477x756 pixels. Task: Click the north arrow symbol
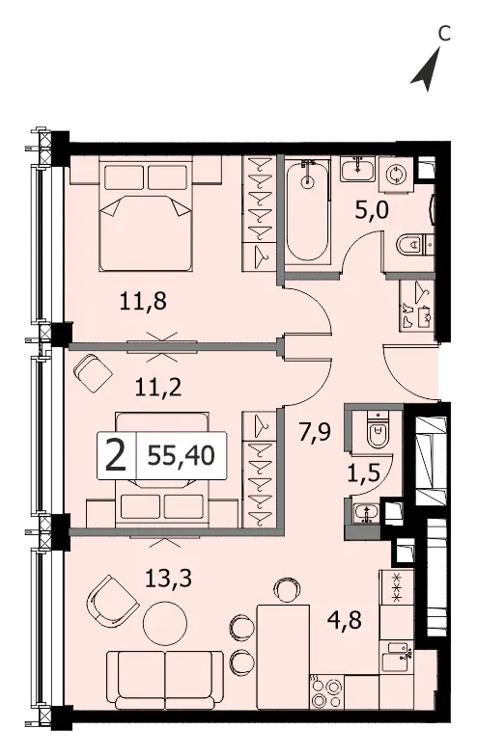[x=427, y=71]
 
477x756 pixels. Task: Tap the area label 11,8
[x=143, y=303]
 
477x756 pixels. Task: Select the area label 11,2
[x=158, y=387]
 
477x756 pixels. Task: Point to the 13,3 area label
[x=168, y=577]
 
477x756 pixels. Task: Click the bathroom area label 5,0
[x=372, y=210]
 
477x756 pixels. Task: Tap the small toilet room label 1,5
[x=363, y=473]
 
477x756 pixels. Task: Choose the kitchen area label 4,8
[x=344, y=619]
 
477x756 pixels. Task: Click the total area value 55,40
[x=182, y=455]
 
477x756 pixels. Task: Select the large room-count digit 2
[x=116, y=456]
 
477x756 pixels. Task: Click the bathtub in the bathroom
[x=307, y=210]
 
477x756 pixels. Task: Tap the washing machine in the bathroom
[x=396, y=175]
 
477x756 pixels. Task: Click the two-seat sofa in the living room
[x=164, y=681]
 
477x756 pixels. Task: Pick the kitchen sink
[x=396, y=656]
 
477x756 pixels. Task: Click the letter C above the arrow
[x=444, y=33]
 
